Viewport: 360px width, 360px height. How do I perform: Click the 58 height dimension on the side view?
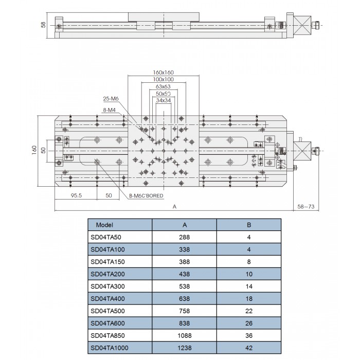[44, 24]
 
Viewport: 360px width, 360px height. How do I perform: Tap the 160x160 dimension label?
[164, 73]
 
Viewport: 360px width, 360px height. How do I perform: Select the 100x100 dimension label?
[164, 80]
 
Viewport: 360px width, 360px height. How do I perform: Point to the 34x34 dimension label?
[164, 101]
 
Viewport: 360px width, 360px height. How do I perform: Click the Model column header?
[104, 225]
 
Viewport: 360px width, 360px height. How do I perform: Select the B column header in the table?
[249, 225]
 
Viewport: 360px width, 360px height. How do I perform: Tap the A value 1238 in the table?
[184, 348]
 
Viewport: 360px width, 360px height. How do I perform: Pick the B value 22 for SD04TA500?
[249, 311]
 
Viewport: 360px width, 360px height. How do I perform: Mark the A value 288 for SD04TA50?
[184, 237]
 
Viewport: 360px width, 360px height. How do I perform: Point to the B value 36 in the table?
[249, 336]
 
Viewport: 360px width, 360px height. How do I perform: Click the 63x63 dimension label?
[164, 87]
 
